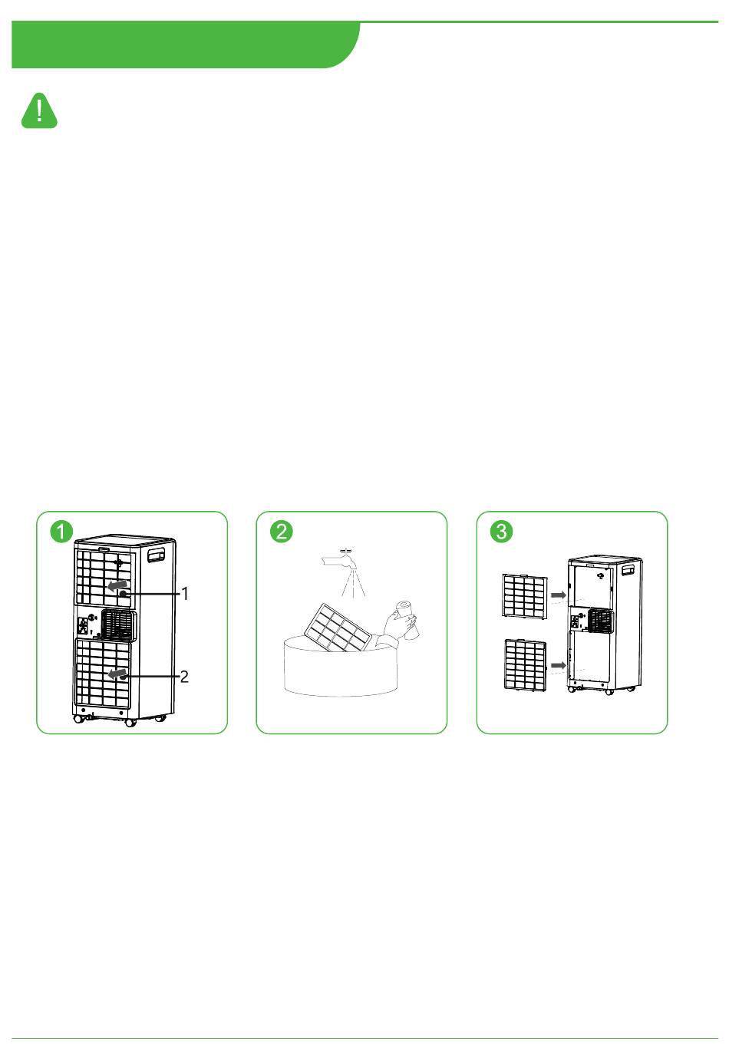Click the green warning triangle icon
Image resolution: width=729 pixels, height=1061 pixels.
39,110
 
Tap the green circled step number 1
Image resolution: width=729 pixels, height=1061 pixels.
61,531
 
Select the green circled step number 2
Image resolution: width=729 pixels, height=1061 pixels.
282,531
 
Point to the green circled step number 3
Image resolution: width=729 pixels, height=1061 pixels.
501,531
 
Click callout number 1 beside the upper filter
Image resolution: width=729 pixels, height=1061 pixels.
185,594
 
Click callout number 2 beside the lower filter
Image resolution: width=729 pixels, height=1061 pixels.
184,676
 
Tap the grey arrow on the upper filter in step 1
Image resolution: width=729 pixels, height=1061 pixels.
117,585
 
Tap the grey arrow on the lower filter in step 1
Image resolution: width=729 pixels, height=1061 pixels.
117,673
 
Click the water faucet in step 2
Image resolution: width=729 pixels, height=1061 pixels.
339,560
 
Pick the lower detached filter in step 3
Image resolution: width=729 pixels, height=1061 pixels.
526,664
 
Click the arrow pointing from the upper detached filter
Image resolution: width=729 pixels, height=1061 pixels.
559,595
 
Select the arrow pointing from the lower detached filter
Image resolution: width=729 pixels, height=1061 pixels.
559,665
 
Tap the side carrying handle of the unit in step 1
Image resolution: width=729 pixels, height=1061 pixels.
157,555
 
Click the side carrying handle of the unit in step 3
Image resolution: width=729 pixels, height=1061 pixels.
628,570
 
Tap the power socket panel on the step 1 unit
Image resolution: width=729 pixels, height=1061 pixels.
83,627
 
